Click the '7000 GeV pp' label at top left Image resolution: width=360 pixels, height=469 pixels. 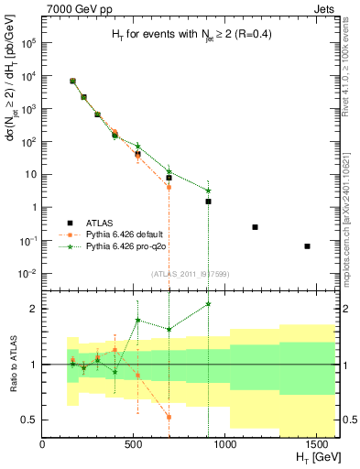pyautogui.click(x=73, y=8)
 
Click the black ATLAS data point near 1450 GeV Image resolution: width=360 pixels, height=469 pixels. pyautogui.click(x=307, y=246)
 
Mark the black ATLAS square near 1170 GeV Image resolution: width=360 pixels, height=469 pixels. pyautogui.click(x=255, y=227)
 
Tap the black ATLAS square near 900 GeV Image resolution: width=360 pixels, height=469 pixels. pyautogui.click(x=208, y=201)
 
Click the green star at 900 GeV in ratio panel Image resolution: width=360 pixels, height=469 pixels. pyautogui.click(x=208, y=303)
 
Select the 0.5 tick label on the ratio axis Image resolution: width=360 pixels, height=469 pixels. pyautogui.click(x=28, y=420)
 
